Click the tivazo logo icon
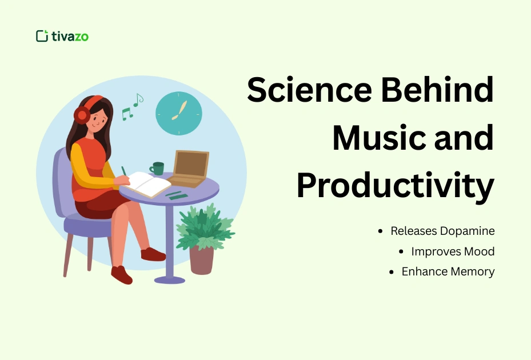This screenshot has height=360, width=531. coord(42,36)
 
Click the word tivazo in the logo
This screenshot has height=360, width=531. coord(70,37)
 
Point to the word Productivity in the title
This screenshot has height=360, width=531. coord(395,186)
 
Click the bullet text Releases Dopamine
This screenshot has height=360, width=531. coord(442,231)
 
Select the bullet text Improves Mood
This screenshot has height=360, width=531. coord(453,251)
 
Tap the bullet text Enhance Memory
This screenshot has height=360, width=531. coord(448,271)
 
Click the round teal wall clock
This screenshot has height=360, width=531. coord(179,113)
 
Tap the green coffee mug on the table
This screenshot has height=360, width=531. coord(157,168)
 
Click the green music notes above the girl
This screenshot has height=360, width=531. coord(132,107)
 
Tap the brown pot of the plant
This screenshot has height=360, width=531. coord(201,260)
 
